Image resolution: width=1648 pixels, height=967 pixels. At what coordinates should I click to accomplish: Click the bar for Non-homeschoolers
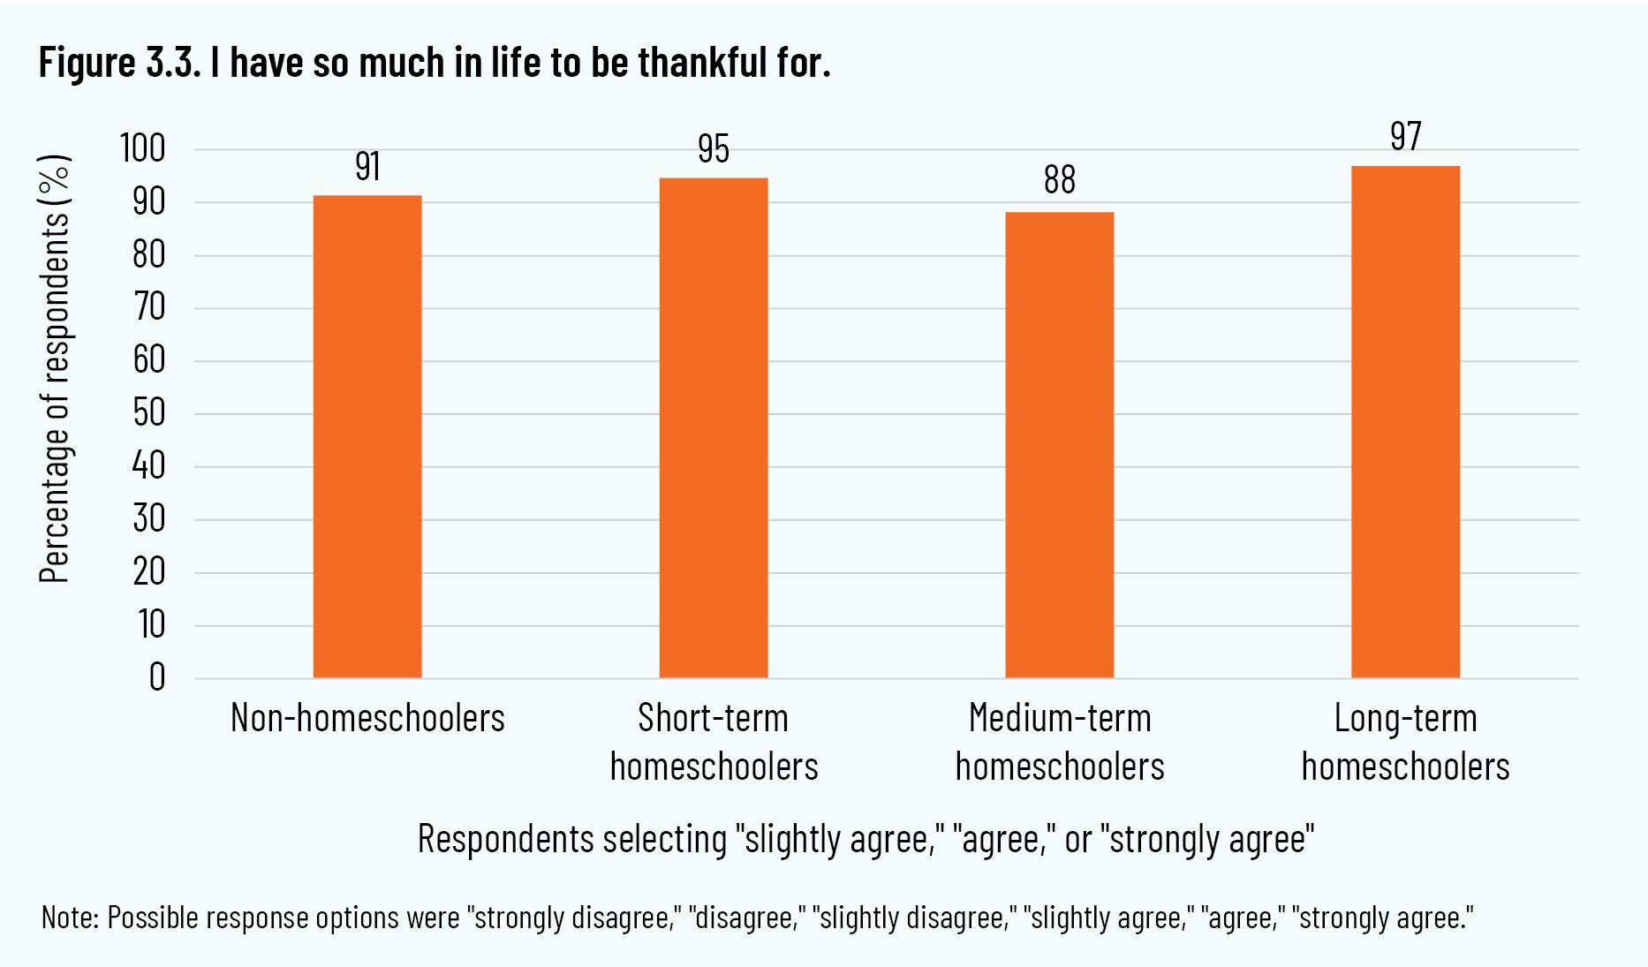tap(367, 436)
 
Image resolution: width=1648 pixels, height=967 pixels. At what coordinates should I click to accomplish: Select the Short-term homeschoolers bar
tap(714, 428)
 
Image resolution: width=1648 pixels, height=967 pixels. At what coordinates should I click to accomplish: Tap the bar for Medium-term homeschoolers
tap(1060, 445)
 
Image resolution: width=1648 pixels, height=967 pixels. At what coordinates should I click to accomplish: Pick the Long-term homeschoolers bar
tap(1405, 422)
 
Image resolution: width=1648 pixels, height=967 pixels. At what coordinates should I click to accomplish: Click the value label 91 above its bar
tap(367, 167)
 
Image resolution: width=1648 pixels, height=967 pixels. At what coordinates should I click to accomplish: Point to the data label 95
tap(714, 149)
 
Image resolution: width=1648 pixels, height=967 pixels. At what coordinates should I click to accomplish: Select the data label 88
tap(1060, 180)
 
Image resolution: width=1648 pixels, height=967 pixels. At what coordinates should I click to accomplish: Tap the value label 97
tap(1405, 137)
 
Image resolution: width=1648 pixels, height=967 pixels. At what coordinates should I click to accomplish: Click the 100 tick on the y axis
tap(143, 148)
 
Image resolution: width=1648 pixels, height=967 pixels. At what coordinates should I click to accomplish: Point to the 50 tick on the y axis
tap(149, 412)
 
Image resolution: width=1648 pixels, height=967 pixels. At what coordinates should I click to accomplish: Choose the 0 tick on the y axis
tap(157, 677)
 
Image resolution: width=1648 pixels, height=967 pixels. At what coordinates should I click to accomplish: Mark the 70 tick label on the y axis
tap(149, 307)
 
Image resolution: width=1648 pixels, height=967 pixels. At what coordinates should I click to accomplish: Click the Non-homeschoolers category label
tap(367, 718)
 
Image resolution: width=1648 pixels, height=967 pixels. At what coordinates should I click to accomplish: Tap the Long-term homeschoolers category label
tap(1405, 742)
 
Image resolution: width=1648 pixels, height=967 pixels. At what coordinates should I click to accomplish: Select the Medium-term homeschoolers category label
tap(1060, 742)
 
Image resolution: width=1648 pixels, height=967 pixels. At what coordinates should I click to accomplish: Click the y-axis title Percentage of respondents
tap(55, 369)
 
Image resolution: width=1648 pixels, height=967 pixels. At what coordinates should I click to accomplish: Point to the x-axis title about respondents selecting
tap(866, 839)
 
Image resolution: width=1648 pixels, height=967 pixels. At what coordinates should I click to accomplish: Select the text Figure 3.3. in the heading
tap(121, 63)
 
